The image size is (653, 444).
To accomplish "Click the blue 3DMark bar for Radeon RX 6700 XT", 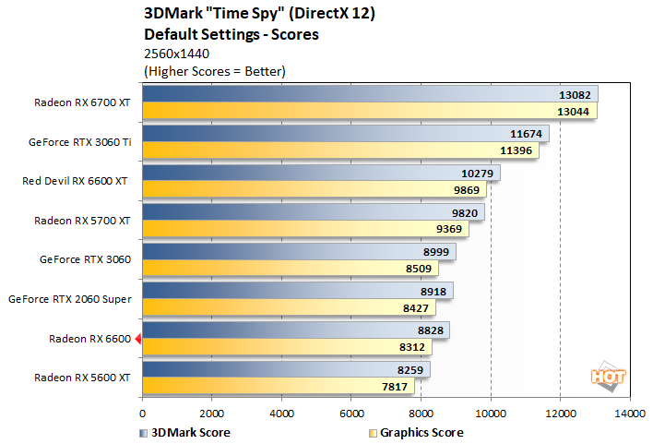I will (x=369, y=94).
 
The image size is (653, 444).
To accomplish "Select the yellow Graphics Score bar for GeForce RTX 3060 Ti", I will (x=341, y=150).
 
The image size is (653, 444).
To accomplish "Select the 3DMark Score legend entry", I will (x=184, y=432).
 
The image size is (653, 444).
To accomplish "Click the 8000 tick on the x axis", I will (x=421, y=413).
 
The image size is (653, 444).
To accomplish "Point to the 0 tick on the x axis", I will (x=143, y=413).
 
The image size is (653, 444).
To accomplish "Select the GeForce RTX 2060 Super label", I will (x=69, y=299).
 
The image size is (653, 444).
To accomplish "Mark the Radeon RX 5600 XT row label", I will (x=82, y=378).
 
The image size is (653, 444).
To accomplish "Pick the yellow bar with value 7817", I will (x=277, y=388).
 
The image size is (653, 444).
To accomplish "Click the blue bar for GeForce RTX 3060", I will (x=295, y=252).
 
